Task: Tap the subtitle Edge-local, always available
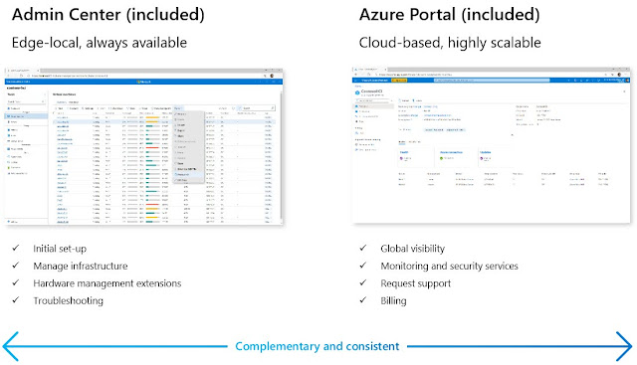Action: [x=103, y=44]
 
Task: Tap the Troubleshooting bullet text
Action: [x=76, y=300]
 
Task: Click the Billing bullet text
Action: [x=396, y=300]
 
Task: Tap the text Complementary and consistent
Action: [x=317, y=346]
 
